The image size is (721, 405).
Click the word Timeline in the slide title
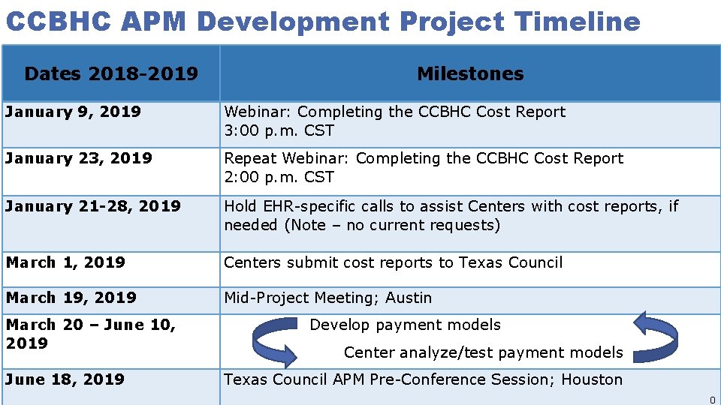pos(578,21)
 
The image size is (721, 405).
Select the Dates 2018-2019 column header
pos(111,73)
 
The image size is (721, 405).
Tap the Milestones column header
pos(470,73)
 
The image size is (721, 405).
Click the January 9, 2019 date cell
pos(73,112)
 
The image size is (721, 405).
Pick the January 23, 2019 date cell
pos(79,158)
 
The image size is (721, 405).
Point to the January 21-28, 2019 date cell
pos(93,206)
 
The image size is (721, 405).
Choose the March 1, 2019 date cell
pos(65,262)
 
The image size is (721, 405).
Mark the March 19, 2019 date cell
pos(71,298)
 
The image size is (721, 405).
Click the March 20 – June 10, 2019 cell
pos(90,334)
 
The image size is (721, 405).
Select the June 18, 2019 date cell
pos(65,379)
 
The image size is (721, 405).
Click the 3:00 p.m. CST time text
pos(279,130)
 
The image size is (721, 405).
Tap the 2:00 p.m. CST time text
pos(279,177)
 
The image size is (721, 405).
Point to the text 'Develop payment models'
pos(405,325)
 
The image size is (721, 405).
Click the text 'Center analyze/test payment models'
pos(483,352)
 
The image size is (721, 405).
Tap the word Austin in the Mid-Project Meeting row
pos(409,298)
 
